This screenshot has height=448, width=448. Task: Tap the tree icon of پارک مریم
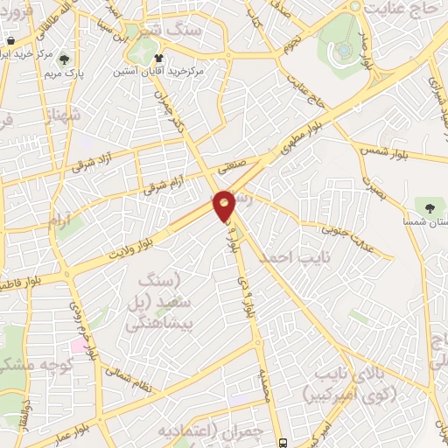(64, 59)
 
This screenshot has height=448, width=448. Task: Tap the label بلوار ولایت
(134, 237)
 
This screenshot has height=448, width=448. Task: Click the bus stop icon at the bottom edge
(281, 442)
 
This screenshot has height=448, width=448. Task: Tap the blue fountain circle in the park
(346, 51)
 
